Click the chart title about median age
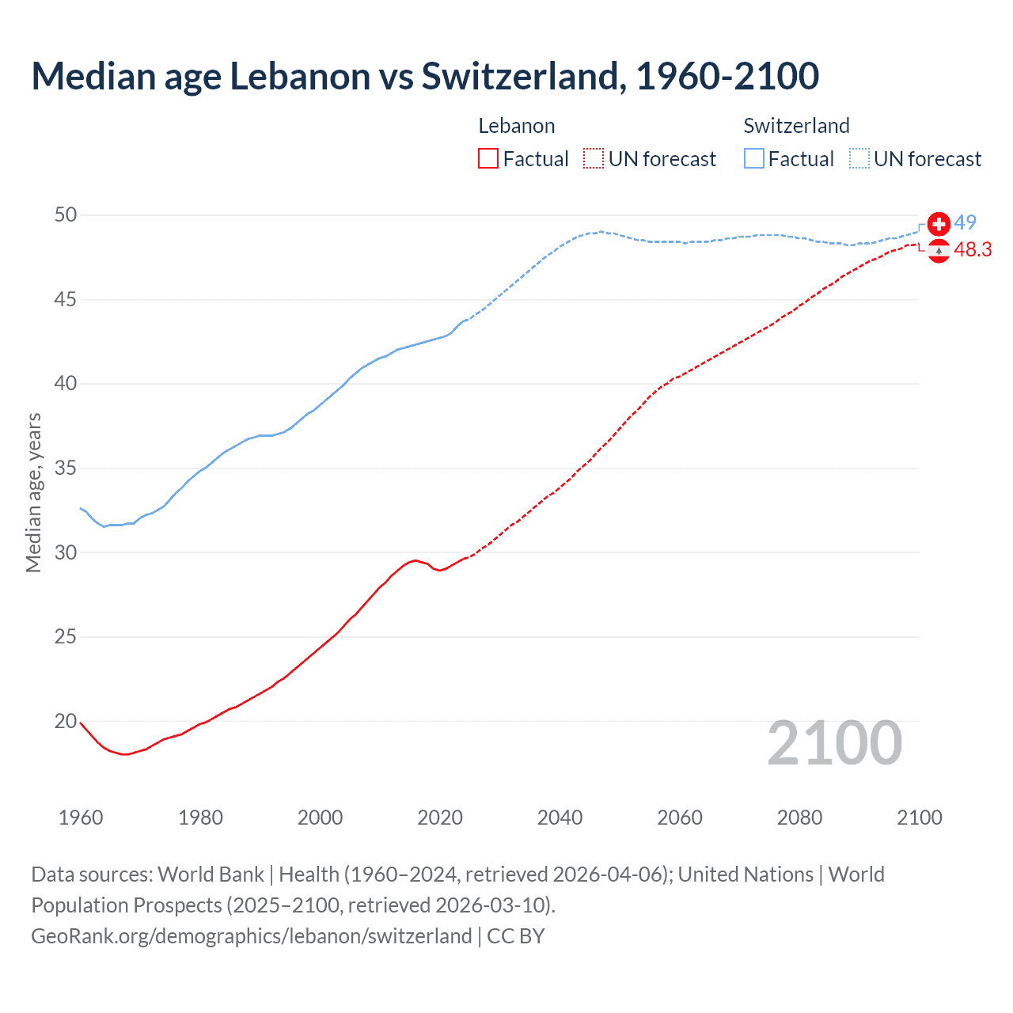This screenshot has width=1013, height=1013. pyautogui.click(x=425, y=76)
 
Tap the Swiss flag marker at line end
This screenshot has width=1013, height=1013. pyautogui.click(x=939, y=224)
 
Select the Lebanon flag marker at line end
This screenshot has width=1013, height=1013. pyautogui.click(x=939, y=250)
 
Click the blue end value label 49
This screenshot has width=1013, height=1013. pyautogui.click(x=965, y=223)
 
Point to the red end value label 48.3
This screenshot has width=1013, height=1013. pyautogui.click(x=973, y=250)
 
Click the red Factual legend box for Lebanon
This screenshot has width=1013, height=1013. pyautogui.click(x=488, y=159)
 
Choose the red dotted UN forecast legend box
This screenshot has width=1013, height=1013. pyautogui.click(x=594, y=159)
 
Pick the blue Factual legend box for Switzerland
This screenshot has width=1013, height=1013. pyautogui.click(x=754, y=159)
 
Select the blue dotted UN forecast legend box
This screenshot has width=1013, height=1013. pyautogui.click(x=859, y=159)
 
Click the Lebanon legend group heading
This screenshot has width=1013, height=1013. pyautogui.click(x=517, y=126)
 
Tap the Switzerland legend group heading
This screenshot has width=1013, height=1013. pyautogui.click(x=796, y=126)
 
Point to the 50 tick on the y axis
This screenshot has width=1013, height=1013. pyautogui.click(x=66, y=215)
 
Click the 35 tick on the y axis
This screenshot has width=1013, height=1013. pyautogui.click(x=66, y=469)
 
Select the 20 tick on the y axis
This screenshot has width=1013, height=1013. pyautogui.click(x=66, y=721)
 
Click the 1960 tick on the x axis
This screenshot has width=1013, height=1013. pyautogui.click(x=81, y=818)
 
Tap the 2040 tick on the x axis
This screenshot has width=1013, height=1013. pyautogui.click(x=560, y=818)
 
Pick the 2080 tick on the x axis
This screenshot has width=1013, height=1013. pyautogui.click(x=799, y=818)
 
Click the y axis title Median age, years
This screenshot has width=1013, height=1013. pyautogui.click(x=33, y=492)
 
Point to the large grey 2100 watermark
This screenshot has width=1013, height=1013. pyautogui.click(x=835, y=743)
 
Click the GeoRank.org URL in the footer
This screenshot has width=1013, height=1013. pyautogui.click(x=252, y=936)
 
